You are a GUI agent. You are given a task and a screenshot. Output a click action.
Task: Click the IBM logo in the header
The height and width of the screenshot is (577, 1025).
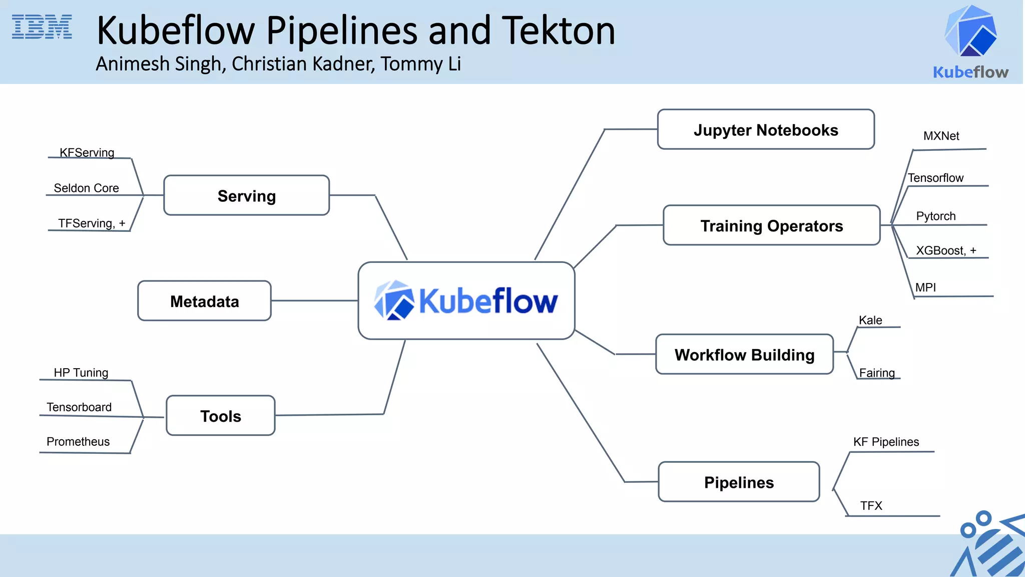click(42, 27)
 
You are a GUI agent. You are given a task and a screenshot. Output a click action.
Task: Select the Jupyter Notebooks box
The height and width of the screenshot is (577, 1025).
click(766, 130)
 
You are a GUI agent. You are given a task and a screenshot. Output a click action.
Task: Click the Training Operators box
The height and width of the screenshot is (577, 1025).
click(771, 225)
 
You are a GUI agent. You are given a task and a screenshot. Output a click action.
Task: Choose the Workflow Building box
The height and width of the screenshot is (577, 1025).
click(744, 355)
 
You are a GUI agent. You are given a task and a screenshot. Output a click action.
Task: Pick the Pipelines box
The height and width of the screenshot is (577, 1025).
click(739, 482)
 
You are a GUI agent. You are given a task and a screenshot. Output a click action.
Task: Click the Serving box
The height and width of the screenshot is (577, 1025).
click(246, 196)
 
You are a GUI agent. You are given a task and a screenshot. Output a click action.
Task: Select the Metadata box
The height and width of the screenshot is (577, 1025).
click(204, 301)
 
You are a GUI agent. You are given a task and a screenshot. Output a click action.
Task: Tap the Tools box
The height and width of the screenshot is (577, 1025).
click(220, 416)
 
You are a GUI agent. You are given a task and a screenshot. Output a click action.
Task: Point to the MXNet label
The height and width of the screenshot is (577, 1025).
click(941, 136)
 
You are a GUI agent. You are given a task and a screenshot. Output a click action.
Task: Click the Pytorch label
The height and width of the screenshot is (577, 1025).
click(935, 216)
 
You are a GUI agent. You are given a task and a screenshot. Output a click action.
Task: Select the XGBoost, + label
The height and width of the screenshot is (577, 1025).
click(945, 250)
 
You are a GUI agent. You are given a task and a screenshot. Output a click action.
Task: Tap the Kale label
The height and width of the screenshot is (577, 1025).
click(870, 321)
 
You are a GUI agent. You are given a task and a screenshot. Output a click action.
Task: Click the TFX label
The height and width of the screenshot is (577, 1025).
click(871, 506)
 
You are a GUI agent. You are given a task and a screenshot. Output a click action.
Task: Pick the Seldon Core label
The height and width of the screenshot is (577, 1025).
click(86, 188)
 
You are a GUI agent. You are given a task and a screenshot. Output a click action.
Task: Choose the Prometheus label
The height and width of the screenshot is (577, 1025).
click(78, 442)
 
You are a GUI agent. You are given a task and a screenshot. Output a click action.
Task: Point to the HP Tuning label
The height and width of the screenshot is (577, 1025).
click(81, 373)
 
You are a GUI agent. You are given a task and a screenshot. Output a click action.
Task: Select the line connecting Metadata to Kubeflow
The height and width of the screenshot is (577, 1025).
click(314, 301)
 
